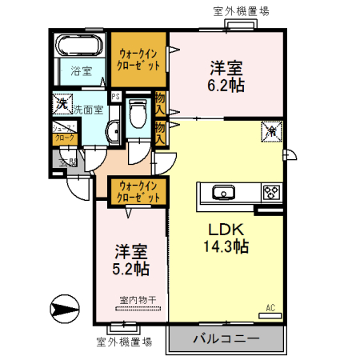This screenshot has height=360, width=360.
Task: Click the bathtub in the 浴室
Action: click(80, 47)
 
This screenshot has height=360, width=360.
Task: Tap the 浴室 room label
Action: click(81, 71)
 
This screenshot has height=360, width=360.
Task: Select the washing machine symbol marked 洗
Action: click(61, 103)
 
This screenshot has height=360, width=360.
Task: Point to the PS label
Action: click(116, 98)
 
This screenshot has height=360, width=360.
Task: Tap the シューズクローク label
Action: click(62, 134)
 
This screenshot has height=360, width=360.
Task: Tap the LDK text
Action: click(226, 228)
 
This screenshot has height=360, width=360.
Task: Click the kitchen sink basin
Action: click(222, 192)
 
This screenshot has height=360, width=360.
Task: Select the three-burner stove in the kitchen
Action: click(272, 192)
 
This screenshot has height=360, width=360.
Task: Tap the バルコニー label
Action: click(226, 339)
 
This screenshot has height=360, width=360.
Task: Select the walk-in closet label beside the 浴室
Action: click(138, 58)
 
